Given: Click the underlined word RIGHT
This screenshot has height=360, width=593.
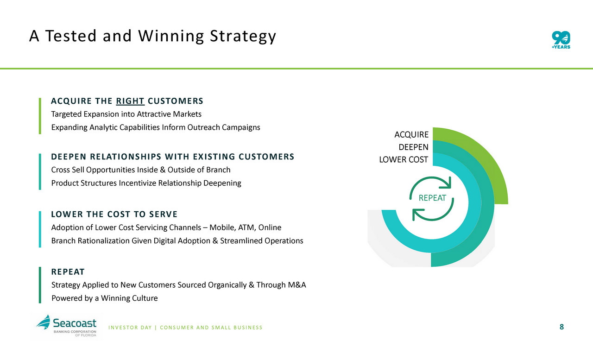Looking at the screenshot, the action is click(x=130, y=101).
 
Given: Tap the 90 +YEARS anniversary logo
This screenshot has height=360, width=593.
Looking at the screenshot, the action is click(x=561, y=40).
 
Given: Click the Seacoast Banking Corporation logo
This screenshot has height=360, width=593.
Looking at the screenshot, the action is click(x=66, y=326).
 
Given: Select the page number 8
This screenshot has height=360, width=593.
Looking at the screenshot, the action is click(x=561, y=327).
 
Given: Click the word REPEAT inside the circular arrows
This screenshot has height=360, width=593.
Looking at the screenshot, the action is click(x=432, y=198).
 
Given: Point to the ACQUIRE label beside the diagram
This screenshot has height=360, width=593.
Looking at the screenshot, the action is click(x=411, y=134).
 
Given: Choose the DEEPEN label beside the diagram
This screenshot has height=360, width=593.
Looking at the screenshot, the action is click(x=413, y=147).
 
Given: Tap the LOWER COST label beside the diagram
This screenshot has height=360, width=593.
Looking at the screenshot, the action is click(x=404, y=159).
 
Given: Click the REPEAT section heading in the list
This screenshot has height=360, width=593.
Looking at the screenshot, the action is click(x=68, y=272).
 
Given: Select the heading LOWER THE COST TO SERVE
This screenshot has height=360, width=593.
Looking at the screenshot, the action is click(x=114, y=214).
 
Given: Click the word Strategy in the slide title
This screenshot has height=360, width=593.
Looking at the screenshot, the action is click(x=243, y=36).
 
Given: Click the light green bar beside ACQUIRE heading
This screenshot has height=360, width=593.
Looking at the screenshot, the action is click(x=40, y=116).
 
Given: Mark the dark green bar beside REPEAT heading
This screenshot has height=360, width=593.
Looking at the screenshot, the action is click(x=40, y=285).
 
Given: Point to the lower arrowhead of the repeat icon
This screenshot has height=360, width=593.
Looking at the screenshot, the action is click(x=417, y=214).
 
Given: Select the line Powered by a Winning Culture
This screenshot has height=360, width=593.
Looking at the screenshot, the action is click(x=105, y=298).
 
